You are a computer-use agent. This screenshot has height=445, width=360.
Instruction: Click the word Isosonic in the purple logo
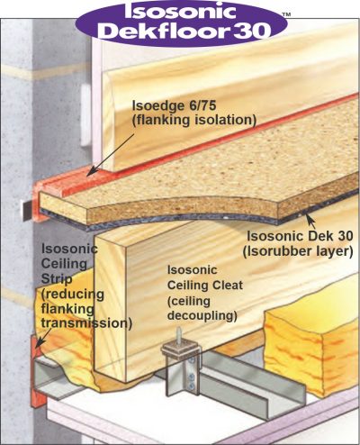180,10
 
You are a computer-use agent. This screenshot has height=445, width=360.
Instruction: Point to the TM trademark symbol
286,14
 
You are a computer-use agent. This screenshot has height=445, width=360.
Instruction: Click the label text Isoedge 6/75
175,105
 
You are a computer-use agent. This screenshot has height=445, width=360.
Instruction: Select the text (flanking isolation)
194,120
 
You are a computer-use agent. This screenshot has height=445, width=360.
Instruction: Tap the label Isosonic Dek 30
300,236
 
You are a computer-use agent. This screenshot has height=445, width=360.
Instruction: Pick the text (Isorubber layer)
298,251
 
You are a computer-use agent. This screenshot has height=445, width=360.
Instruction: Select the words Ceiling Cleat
205,285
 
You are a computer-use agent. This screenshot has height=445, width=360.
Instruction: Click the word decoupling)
202,316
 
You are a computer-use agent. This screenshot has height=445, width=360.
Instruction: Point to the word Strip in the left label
57,279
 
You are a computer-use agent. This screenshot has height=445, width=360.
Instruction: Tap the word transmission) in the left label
86,323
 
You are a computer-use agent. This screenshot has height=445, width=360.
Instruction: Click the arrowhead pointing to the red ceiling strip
39,343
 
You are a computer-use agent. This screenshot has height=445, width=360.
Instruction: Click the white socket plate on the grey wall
86,115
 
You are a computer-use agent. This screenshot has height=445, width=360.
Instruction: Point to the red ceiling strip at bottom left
37,376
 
